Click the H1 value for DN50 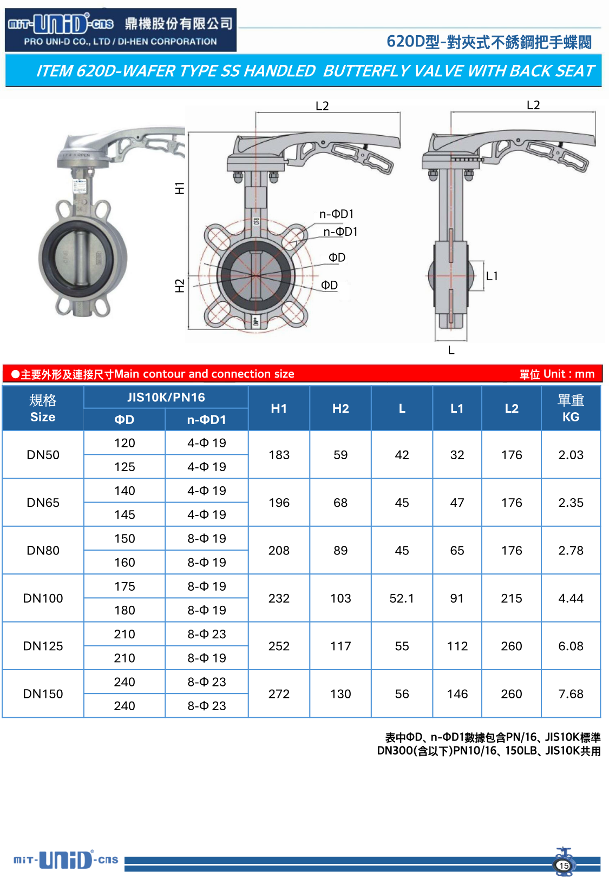[279, 455]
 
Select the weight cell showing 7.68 [571, 694]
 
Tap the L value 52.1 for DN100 [401, 598]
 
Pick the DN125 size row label [43, 646]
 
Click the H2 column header [340, 408]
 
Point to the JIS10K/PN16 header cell [166, 397]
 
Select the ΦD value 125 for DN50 [125, 467]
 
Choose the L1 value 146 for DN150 [457, 694]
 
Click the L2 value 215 [511, 598]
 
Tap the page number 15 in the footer [564, 865]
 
